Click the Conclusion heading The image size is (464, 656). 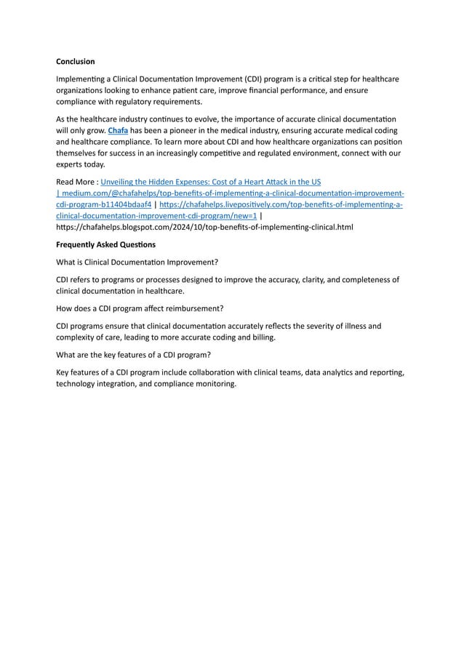pos(76,62)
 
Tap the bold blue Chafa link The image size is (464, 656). pos(117,130)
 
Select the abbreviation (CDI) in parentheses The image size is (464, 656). pos(255,79)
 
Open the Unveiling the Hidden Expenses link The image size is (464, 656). pos(211,181)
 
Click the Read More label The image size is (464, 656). pos(76,181)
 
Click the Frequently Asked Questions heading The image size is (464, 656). pos(105,244)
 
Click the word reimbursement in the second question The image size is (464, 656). pos(189,308)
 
